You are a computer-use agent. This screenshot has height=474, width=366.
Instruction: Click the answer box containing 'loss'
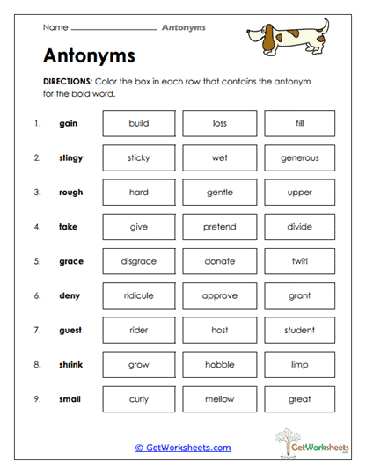(220, 123)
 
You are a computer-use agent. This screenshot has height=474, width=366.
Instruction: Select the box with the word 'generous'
(300, 158)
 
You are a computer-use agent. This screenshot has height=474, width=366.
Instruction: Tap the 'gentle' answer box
(220, 193)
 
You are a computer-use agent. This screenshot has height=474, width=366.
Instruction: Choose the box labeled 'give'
(139, 227)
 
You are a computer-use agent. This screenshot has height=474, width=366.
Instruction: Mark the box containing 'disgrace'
(139, 261)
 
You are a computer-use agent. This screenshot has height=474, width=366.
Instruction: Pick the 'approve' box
(220, 296)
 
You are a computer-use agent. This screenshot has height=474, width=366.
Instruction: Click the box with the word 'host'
(220, 331)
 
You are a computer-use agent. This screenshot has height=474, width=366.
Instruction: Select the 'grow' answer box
(139, 365)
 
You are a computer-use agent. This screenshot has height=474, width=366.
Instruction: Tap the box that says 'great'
(300, 399)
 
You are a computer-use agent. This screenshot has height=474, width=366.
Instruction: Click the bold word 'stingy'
(70, 158)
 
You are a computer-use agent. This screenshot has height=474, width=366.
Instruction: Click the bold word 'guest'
(70, 331)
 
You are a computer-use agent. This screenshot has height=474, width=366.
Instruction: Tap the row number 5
(37, 261)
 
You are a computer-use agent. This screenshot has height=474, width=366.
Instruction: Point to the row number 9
(37, 399)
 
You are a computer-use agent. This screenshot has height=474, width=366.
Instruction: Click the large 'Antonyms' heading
(89, 55)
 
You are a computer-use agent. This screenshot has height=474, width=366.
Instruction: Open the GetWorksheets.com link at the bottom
(183, 448)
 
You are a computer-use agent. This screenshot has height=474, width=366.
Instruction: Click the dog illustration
(287, 37)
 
